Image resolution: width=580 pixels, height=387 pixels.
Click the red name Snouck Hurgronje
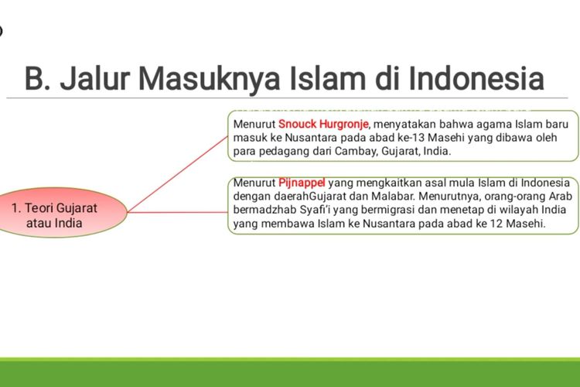point(323,124)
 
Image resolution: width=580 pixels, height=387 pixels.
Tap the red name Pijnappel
point(302,183)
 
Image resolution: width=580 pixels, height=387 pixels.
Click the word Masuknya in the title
point(209,79)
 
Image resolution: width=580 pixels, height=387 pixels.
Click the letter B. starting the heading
point(37,78)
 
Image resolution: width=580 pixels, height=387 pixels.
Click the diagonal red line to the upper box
point(178,174)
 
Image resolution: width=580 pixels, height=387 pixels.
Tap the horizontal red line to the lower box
point(178,212)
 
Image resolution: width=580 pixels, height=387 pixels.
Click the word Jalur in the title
point(94,78)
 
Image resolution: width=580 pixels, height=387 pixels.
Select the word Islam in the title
point(327,78)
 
